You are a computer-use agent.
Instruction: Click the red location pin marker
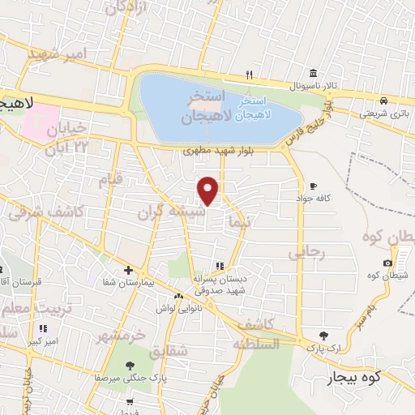(208, 190)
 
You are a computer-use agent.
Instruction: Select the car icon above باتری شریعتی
(381, 101)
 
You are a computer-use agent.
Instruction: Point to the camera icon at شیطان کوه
(388, 263)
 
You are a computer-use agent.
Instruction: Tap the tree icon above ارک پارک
(324, 335)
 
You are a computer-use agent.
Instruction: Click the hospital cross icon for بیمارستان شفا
(128, 271)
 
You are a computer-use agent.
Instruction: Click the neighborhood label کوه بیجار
(354, 378)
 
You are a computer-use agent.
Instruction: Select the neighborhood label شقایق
(169, 350)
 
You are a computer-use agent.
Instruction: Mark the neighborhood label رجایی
(306, 252)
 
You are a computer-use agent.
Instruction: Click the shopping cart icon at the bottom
(129, 402)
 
